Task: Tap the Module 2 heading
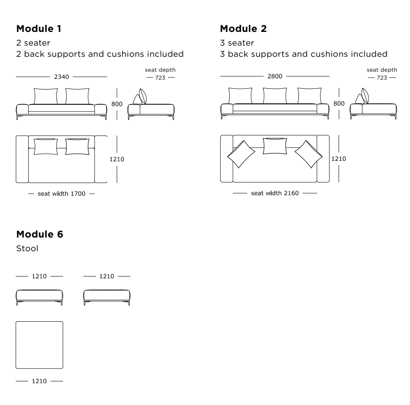tap(243, 29)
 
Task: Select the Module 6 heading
tap(39, 234)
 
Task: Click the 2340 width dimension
tap(61, 77)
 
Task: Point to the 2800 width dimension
tap(274, 77)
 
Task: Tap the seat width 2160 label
tap(274, 193)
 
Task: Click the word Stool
tap(27, 249)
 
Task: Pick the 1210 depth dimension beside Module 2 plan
tap(339, 158)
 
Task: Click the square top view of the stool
tap(39, 345)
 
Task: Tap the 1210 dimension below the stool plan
tap(39, 380)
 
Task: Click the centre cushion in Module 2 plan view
tap(275, 146)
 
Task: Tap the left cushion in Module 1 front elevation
tap(46, 96)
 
